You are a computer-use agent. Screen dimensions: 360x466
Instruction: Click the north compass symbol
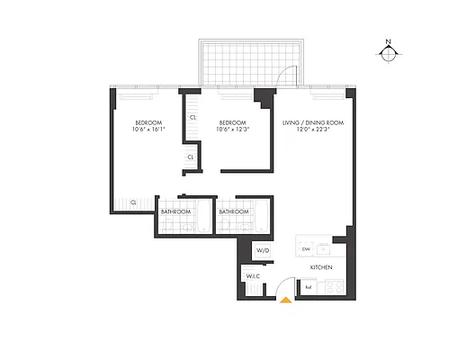(x=388, y=52)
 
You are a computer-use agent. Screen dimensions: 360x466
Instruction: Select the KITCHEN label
(x=321, y=268)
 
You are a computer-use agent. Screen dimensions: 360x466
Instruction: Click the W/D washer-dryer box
(x=263, y=250)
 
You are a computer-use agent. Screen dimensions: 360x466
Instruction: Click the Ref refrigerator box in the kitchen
(x=309, y=287)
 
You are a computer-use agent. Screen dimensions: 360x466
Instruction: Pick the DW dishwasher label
(x=306, y=247)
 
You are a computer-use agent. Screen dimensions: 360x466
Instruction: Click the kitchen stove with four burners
(x=332, y=286)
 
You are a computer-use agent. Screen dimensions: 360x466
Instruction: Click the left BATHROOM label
(x=175, y=211)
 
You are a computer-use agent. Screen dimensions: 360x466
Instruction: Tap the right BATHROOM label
(x=233, y=211)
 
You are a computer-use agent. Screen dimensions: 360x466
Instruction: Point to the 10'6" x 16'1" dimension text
(x=148, y=130)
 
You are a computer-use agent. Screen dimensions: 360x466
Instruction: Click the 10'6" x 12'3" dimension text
(x=231, y=130)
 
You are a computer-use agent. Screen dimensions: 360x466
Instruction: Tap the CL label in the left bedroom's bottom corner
(x=132, y=202)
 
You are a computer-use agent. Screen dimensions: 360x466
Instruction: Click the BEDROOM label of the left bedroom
(x=148, y=121)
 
